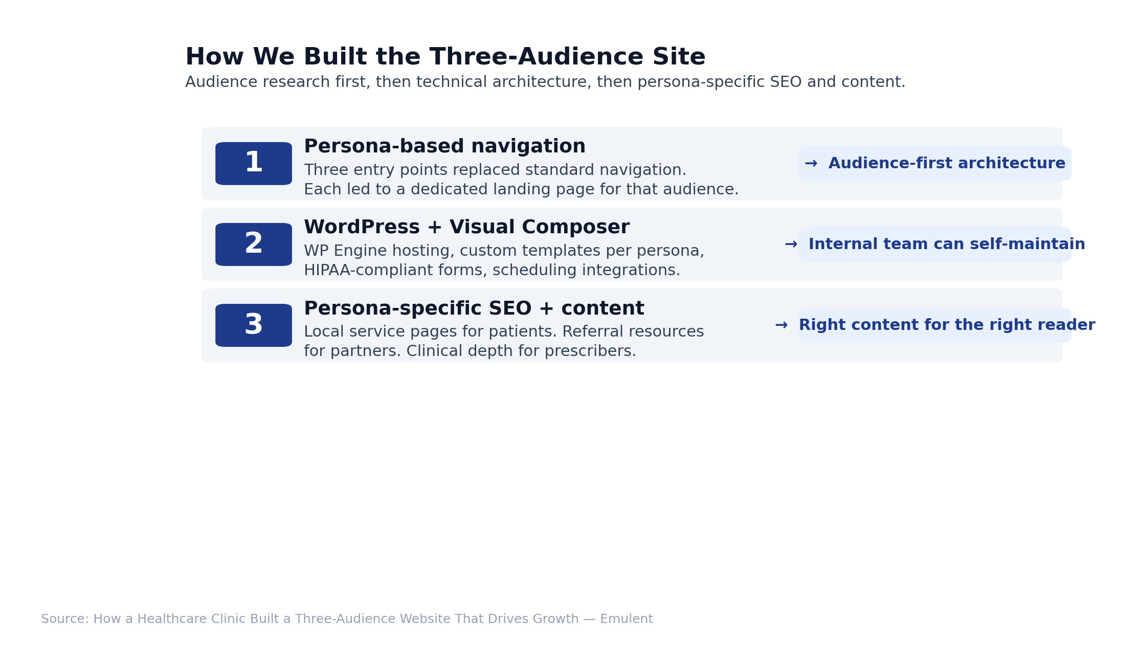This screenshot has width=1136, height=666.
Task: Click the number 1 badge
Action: point(254,164)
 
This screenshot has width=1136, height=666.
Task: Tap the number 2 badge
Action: point(254,245)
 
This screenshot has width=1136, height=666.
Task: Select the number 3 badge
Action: point(254,325)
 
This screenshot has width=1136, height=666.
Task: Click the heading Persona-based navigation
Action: point(444,147)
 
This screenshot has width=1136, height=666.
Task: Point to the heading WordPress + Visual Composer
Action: point(466,228)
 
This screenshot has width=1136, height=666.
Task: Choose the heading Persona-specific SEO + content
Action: point(474,308)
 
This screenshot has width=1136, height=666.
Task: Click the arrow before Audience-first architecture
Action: point(811,164)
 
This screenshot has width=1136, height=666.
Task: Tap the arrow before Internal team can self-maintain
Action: point(791,245)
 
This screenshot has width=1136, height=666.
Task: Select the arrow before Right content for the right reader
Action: point(781,325)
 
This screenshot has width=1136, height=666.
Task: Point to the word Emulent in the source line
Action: point(627,619)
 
